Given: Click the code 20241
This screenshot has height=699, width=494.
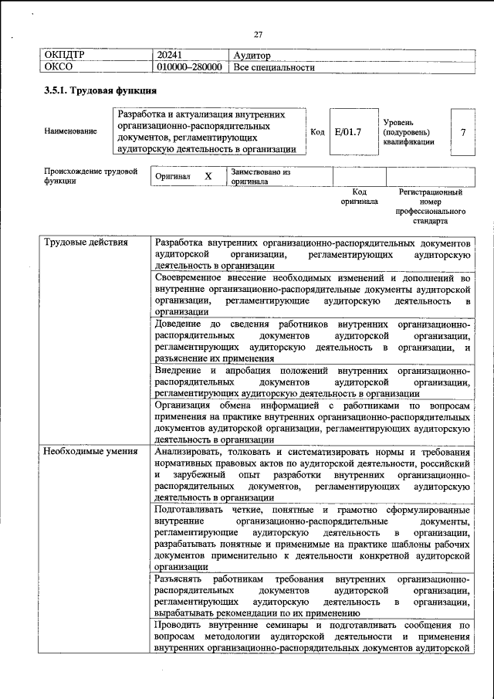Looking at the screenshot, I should pos(169,55).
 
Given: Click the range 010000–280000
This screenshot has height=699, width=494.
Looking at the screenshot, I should pos(190,67).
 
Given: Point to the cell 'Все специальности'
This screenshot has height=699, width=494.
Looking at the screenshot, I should pos(274,67).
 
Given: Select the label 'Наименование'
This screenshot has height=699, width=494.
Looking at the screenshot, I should pos(71,131).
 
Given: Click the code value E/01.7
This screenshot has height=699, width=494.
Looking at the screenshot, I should pos(349,132).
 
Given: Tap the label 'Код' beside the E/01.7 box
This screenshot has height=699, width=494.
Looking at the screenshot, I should pos(317,132).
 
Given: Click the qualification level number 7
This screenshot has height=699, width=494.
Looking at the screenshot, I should pos(463,132).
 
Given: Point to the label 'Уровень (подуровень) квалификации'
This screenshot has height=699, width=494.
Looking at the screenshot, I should pos(408,132).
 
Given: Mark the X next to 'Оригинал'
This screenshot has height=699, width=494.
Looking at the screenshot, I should pos(208,176).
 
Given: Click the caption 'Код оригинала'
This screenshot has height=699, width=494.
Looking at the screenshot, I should pos(359,196).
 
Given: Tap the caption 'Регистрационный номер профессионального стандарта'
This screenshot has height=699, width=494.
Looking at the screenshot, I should pos(430,205).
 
